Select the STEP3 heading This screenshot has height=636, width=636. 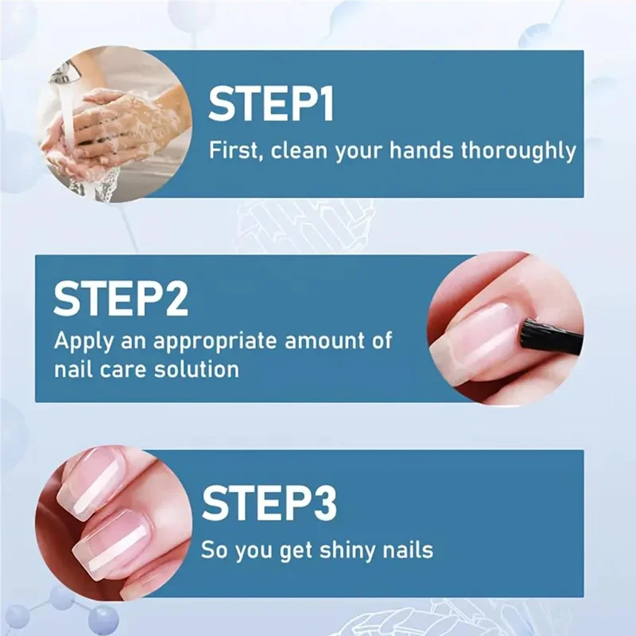coord(269,503)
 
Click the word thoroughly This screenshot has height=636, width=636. coord(519,151)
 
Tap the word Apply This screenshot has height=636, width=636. coord(84,343)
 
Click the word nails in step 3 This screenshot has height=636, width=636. coord(405,549)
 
